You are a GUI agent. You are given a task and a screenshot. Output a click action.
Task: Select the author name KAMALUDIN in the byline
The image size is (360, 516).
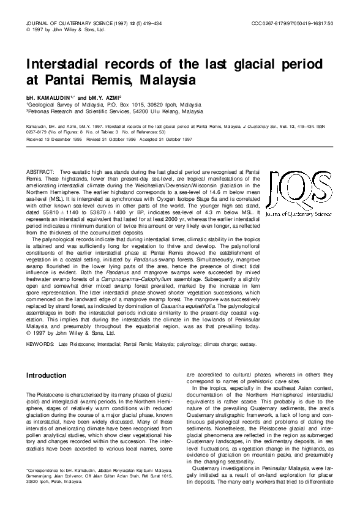55,97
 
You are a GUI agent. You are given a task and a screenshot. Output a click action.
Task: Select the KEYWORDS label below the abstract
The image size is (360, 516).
40,345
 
